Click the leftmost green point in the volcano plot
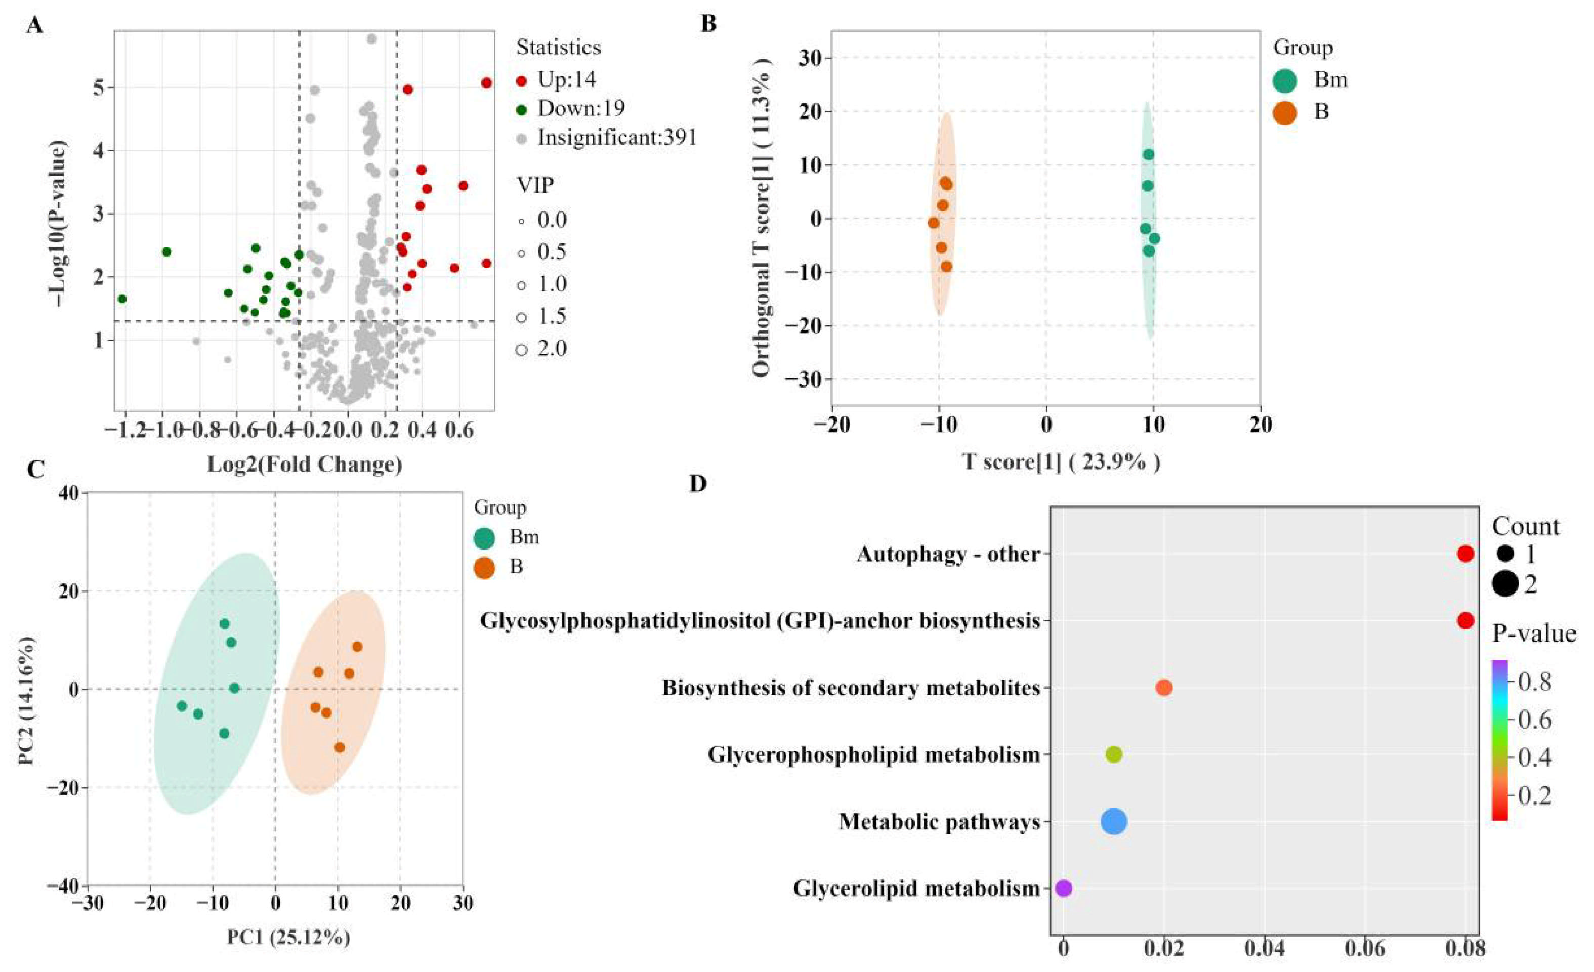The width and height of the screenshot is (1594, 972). pyautogui.click(x=122, y=299)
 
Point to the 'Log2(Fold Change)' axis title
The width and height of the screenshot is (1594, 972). pyautogui.click(x=305, y=464)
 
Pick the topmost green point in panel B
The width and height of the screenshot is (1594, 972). pyautogui.click(x=1148, y=154)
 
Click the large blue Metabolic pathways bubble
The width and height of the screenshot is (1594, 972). pyautogui.click(x=1114, y=821)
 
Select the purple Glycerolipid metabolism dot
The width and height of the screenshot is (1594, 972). pyautogui.click(x=1064, y=888)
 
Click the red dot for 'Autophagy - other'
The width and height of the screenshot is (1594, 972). pyautogui.click(x=1465, y=554)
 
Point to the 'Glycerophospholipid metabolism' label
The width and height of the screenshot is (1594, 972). pyautogui.click(x=874, y=755)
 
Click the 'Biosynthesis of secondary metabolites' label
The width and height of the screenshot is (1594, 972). pyautogui.click(x=851, y=688)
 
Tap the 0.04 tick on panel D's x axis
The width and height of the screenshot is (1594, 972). pyautogui.click(x=1264, y=949)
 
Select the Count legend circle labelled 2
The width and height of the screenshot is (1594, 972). pyautogui.click(x=1506, y=584)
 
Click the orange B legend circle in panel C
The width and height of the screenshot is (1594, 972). pyautogui.click(x=485, y=567)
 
